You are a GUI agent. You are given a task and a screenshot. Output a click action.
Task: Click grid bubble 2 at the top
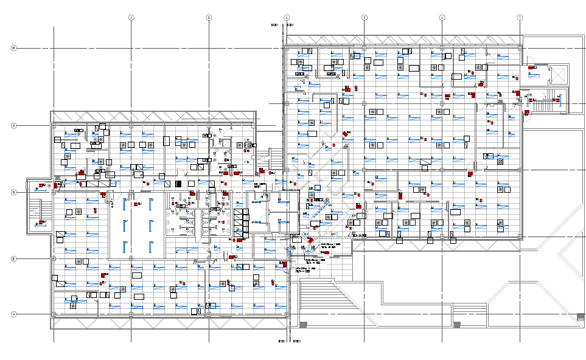point(131,18)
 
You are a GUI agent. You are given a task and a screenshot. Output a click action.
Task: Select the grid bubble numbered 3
point(209,18)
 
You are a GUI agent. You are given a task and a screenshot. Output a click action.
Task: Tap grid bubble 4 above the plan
point(287,18)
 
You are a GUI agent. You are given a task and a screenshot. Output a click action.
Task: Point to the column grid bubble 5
point(365,18)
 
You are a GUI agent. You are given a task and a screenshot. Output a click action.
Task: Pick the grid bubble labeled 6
point(442,18)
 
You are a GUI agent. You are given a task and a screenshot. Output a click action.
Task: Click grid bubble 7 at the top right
point(520,18)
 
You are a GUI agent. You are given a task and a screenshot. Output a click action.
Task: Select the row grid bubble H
point(13,48)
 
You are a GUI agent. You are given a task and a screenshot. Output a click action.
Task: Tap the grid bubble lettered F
point(13,126)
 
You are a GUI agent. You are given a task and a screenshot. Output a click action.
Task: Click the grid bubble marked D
point(13,192)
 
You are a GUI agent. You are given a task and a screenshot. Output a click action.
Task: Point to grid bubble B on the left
point(13,259)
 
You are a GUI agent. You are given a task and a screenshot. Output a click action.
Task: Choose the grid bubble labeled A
point(13,314)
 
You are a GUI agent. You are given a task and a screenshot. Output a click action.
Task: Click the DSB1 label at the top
point(274,26)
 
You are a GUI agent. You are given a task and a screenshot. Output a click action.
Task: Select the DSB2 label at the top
point(290,26)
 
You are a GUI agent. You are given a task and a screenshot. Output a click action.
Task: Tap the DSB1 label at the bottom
point(282,342)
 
